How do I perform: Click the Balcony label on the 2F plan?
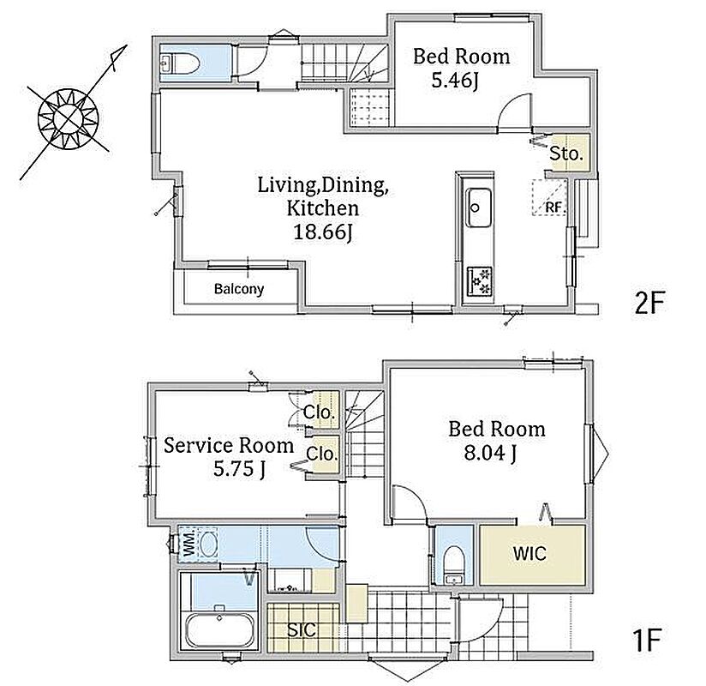coord(239,289)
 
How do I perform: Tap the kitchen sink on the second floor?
coord(478,208)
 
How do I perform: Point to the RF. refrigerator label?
coord(554,208)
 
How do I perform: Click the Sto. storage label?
coord(566,154)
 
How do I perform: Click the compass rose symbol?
coord(69,118)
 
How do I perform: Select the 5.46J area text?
coord(455,81)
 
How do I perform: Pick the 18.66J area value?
coord(323,232)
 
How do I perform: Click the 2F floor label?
coord(649,303)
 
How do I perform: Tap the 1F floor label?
coord(647,641)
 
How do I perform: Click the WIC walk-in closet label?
coord(529,553)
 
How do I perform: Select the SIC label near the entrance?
coord(302,629)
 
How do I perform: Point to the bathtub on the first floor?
coord(218,630)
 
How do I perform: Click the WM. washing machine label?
coord(189,544)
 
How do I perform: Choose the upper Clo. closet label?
coord(320,412)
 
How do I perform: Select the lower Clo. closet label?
coord(322,454)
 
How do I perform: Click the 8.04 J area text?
coord(490,453)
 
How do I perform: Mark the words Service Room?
coord(229,445)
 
